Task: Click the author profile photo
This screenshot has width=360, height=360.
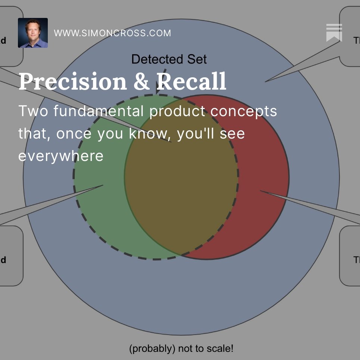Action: [x=33, y=33]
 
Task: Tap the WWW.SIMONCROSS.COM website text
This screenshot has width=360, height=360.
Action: [x=112, y=33]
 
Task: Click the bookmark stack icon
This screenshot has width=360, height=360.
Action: [x=334, y=33]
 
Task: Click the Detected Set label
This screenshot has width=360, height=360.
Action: [x=169, y=59]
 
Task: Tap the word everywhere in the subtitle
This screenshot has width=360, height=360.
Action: [x=60, y=156]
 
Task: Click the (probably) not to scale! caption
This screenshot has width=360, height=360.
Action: [x=181, y=349]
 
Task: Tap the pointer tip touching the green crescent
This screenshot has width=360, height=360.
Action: [x=102, y=185]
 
